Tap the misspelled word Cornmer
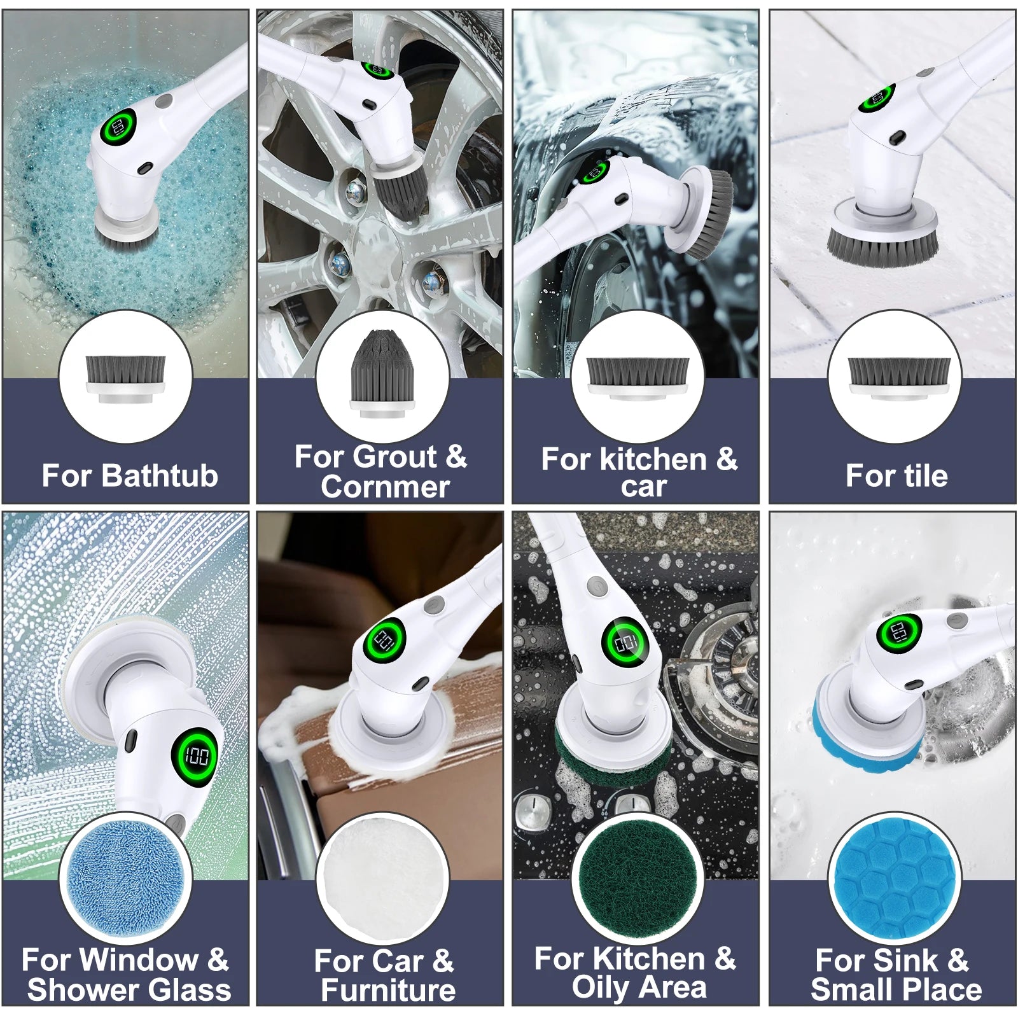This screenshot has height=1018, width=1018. [x=386, y=487]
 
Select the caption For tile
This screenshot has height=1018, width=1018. [x=896, y=475]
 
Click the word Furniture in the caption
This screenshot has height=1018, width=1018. [x=388, y=990]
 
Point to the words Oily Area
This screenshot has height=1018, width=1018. [x=639, y=987]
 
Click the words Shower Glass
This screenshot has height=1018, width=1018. [x=129, y=990]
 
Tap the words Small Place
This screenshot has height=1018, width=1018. [x=896, y=990]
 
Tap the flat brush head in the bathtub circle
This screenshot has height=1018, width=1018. [x=125, y=379]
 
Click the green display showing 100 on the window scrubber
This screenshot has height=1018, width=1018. [x=197, y=757]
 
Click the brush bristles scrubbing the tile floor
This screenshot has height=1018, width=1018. [x=882, y=244]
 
